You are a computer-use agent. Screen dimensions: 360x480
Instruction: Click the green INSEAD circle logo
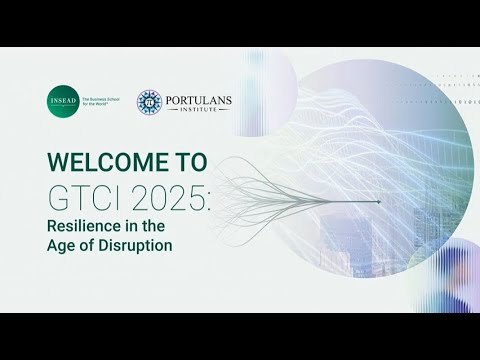click(x=62, y=102)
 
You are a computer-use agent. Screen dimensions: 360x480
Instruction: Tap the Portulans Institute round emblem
click(x=149, y=102)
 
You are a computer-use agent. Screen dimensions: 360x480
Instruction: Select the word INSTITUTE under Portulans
click(x=199, y=109)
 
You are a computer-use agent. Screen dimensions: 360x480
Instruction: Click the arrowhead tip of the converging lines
click(x=380, y=202)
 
